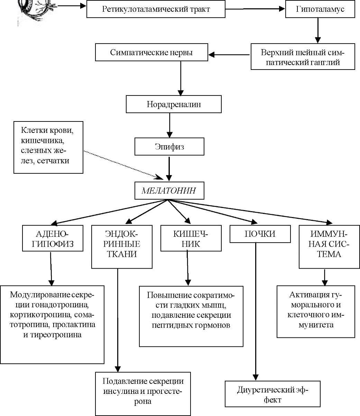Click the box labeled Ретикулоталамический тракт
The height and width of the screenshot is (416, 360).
(156, 9)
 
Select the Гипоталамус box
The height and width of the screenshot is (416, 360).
(320, 9)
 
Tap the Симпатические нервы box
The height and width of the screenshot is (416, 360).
(151, 52)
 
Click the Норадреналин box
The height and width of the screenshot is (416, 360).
(174, 104)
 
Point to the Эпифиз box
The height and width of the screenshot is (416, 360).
(169, 146)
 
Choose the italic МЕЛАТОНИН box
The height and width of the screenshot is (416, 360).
(169, 190)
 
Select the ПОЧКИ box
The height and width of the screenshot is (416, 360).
(260, 234)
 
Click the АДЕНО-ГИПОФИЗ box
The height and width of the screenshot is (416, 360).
(53, 238)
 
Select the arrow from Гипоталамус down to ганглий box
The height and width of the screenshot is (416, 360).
(318, 30)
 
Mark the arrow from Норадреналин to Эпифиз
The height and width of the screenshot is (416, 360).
(169, 125)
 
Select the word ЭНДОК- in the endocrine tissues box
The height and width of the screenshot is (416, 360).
(122, 234)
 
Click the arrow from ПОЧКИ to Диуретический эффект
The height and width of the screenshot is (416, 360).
(256, 311)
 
